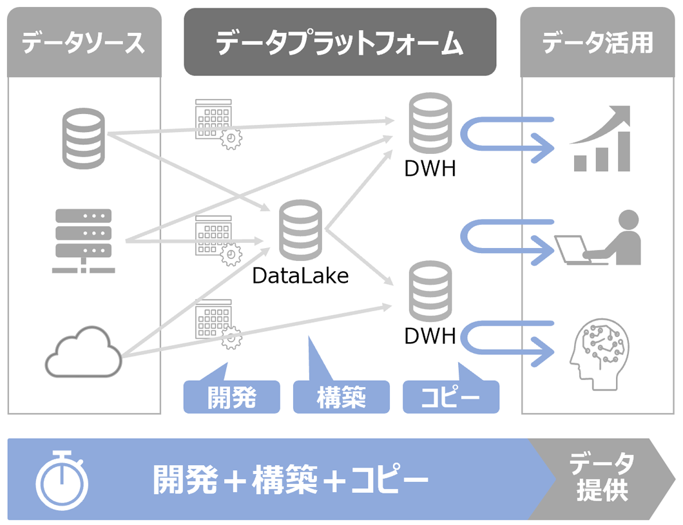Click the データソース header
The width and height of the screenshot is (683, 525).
[x=83, y=43]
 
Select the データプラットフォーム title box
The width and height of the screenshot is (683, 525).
[x=340, y=43]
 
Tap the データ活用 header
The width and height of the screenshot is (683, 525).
[x=597, y=43]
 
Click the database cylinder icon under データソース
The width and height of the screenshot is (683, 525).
[x=83, y=138]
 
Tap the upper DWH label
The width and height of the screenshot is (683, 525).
[x=430, y=169]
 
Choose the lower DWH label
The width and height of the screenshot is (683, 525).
[x=430, y=336]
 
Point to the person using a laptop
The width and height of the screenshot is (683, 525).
[x=599, y=239]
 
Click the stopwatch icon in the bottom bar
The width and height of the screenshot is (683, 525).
[x=62, y=480]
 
